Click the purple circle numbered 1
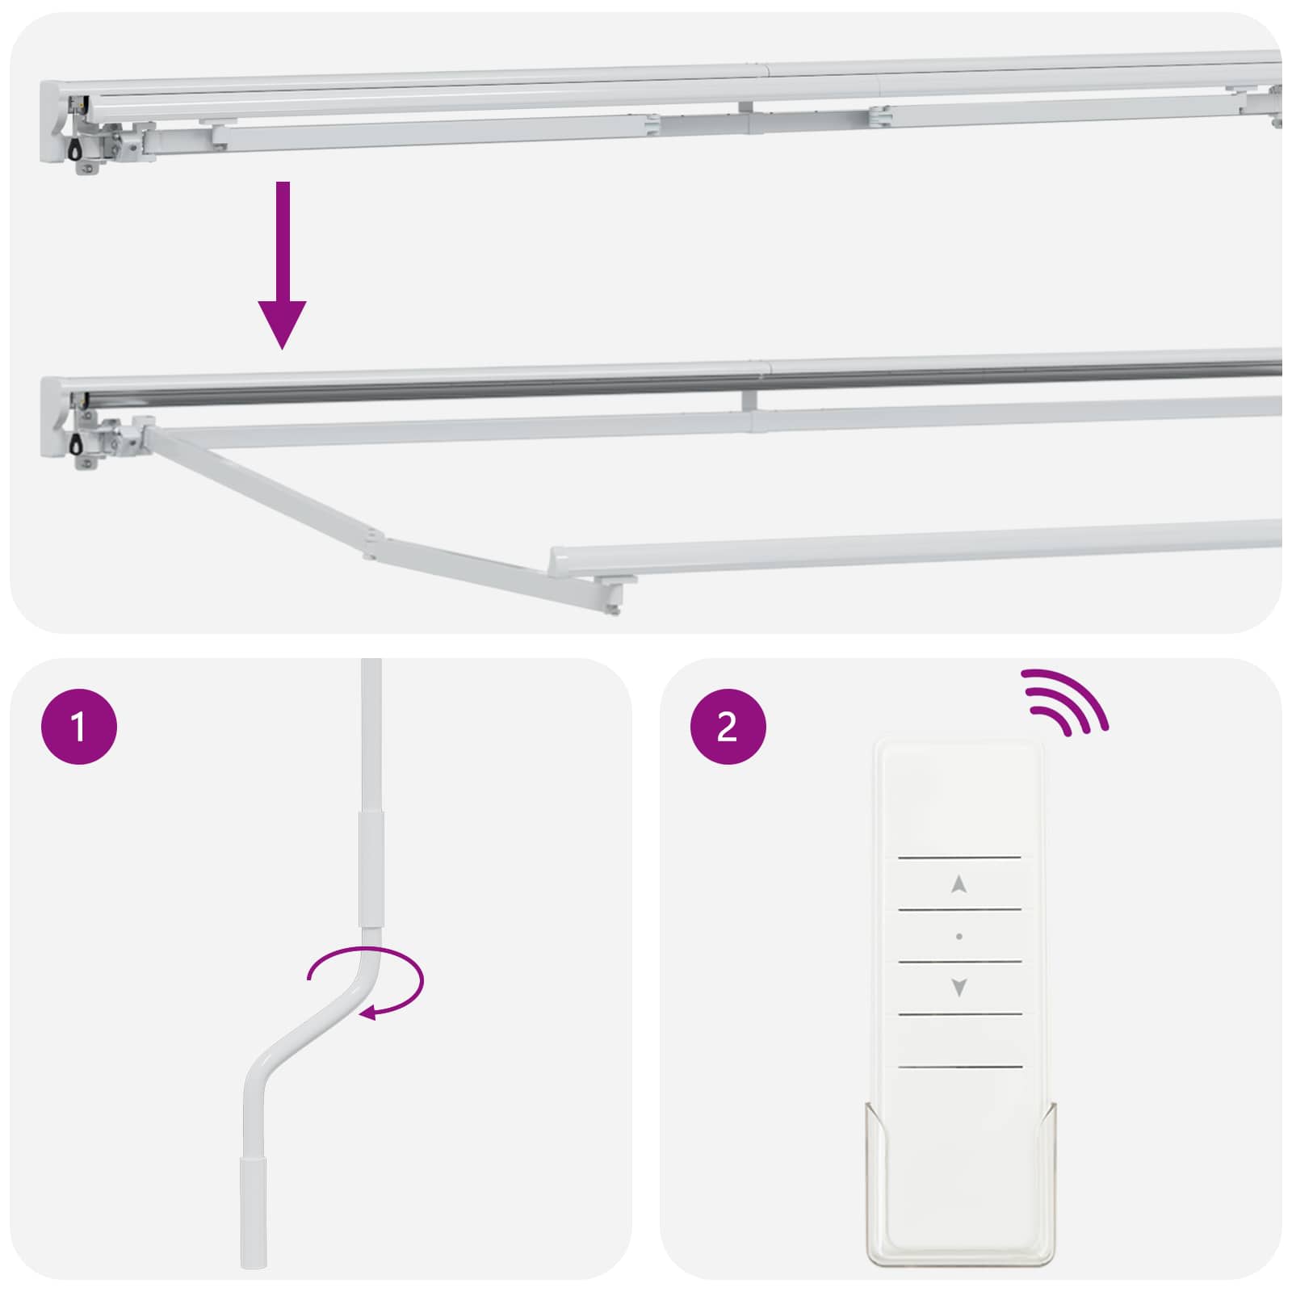79,726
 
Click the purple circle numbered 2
728,726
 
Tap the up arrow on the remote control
959,884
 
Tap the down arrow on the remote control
959,987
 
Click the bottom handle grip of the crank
254,1211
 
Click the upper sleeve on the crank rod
371,868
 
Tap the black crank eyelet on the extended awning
75,443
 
